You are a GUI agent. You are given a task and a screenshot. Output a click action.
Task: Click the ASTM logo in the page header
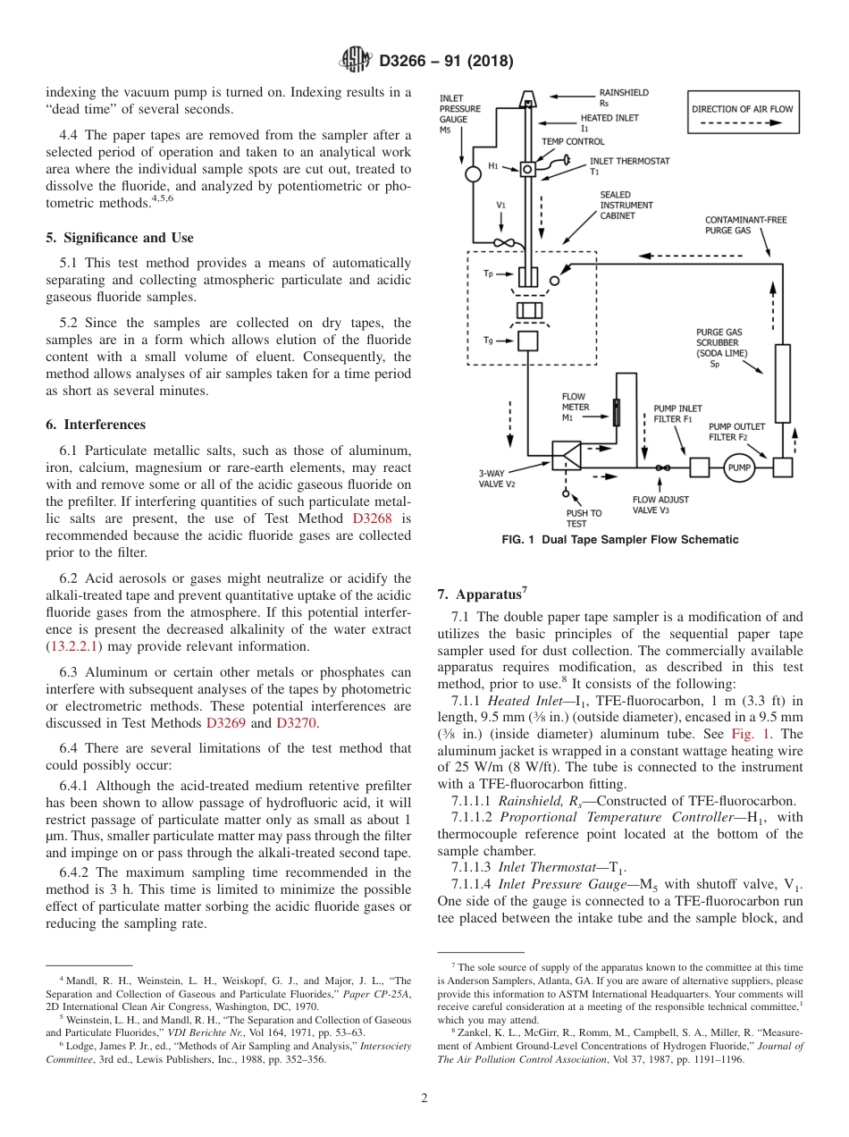point(357,61)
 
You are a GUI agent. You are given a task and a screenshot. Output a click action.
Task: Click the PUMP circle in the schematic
point(739,467)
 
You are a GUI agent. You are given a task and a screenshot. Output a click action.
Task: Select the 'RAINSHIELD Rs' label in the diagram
point(623,97)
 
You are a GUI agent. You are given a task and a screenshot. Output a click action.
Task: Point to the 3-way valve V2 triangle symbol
point(567,456)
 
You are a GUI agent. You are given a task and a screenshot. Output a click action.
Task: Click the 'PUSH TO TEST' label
point(584,518)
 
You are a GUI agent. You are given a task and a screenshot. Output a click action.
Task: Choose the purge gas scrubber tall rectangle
point(782,383)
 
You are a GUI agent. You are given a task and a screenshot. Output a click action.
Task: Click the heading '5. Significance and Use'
point(120,238)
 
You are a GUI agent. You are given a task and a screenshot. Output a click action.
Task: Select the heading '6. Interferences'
point(96,425)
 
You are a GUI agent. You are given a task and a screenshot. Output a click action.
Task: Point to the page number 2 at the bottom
point(424,1099)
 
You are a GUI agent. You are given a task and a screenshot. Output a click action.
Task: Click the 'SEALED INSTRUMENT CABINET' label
point(626,205)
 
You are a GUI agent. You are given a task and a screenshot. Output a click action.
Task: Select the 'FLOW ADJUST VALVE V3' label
point(660,505)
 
